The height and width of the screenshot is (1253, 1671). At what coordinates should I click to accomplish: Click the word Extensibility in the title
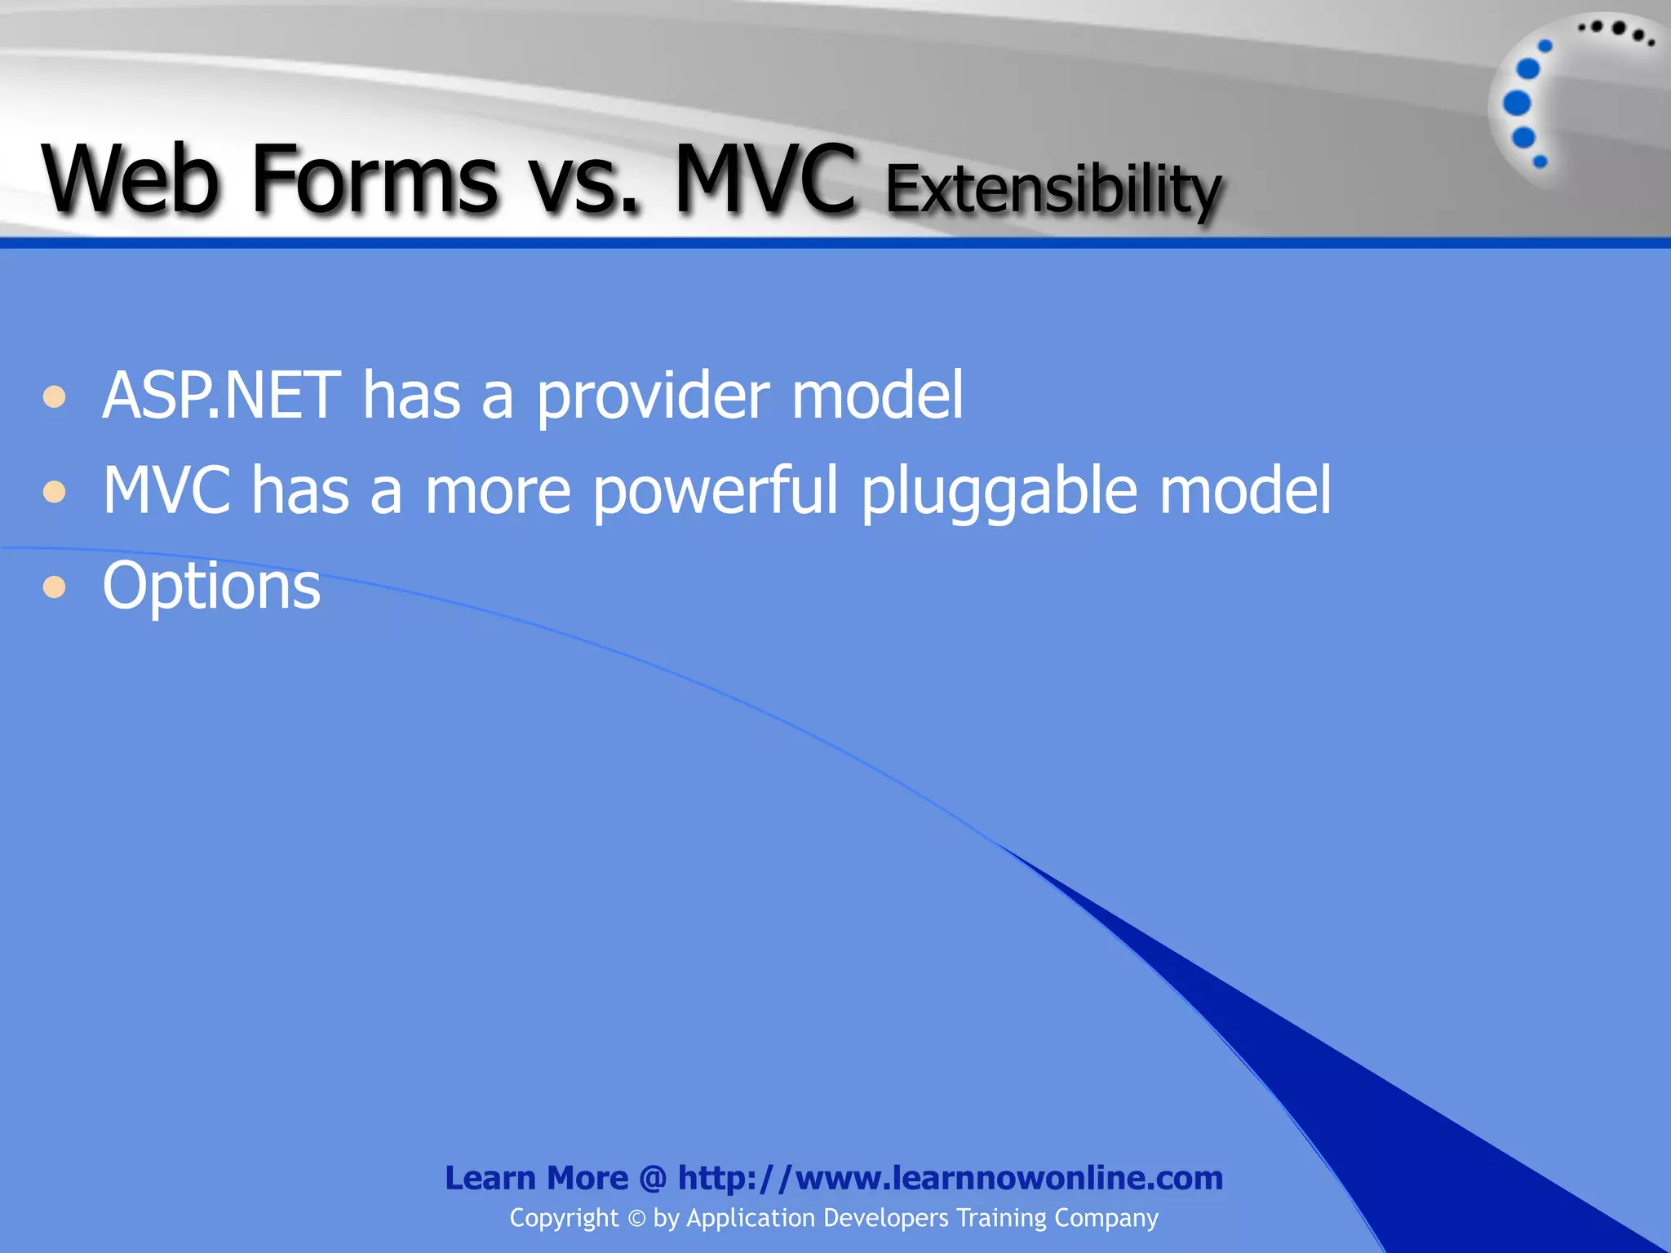pyautogui.click(x=1053, y=189)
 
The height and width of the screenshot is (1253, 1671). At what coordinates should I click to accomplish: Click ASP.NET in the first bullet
pyautogui.click(x=220, y=396)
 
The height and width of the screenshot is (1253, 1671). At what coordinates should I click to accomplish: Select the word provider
pyautogui.click(x=653, y=398)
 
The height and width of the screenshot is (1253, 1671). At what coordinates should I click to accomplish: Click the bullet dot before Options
pyautogui.click(x=55, y=587)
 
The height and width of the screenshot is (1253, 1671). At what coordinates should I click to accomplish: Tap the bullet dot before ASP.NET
pyautogui.click(x=55, y=397)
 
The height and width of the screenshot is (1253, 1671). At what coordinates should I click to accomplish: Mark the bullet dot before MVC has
pyautogui.click(x=55, y=492)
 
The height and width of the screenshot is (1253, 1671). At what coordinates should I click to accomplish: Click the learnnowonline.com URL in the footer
pyautogui.click(x=951, y=1178)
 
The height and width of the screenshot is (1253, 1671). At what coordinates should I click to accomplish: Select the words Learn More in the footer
pyautogui.click(x=536, y=1178)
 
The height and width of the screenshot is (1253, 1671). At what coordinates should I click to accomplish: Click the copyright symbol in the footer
pyautogui.click(x=636, y=1218)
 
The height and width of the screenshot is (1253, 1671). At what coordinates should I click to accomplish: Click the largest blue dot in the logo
pyautogui.click(x=1517, y=104)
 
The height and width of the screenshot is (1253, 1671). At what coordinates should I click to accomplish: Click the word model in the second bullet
pyautogui.click(x=1245, y=491)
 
